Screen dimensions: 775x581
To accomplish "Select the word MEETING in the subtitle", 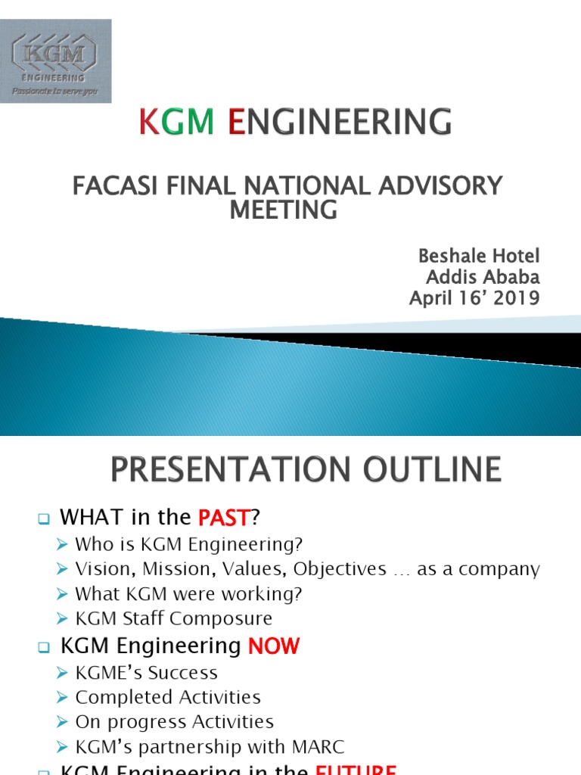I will (x=283, y=210).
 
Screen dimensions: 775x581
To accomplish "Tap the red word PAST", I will (x=223, y=518).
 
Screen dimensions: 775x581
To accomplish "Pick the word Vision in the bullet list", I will (x=101, y=568).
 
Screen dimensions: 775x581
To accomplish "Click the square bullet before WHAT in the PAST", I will (x=43, y=519).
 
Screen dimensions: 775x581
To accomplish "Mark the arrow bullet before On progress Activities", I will (x=64, y=723).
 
